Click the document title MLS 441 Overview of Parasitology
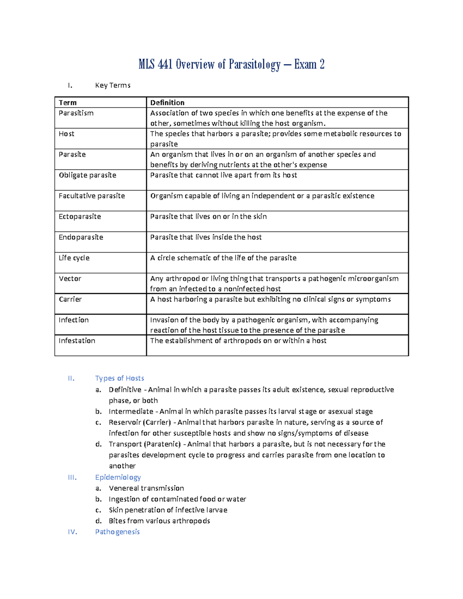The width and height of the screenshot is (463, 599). tap(231, 64)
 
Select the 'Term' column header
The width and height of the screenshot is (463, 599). tap(68, 103)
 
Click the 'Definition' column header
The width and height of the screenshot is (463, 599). tap(167, 103)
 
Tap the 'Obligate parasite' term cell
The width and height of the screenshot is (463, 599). tap(87, 175)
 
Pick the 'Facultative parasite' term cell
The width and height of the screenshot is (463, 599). tap(91, 196)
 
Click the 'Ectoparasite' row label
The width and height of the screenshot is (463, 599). tap(79, 217)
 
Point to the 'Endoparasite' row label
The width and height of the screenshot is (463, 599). tap(81, 237)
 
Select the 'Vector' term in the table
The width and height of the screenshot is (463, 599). tap(70, 278)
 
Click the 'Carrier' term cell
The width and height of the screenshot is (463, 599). tap(70, 299)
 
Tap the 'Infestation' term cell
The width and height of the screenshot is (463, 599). tap(77, 341)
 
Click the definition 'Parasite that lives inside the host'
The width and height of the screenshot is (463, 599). tap(206, 237)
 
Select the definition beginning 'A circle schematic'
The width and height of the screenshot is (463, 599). tap(223, 258)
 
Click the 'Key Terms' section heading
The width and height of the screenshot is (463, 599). tap(113, 85)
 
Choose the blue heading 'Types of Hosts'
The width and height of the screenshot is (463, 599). tap(119, 378)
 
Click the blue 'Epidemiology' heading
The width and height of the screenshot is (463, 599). tap(118, 478)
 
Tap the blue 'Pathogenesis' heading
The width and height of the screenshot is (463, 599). tap(117, 532)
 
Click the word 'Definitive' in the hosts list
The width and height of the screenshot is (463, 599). tap(125, 390)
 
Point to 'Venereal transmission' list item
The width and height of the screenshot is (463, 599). tap(146, 488)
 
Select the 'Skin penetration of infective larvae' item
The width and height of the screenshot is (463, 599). tap(168, 510)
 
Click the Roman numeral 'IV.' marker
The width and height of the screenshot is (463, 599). tap(72, 532)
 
